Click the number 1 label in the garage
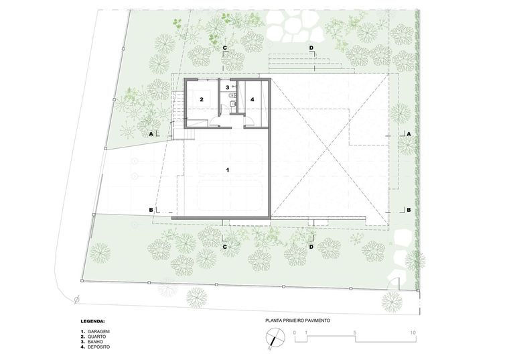[228, 170]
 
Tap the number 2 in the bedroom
[202, 99]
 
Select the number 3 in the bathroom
[227, 87]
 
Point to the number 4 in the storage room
[252, 99]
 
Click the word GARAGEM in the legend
[98, 332]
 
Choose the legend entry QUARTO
[96, 337]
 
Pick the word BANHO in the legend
[95, 342]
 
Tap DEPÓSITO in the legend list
[98, 347]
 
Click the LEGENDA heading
[92, 321]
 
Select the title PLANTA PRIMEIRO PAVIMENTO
[297, 320]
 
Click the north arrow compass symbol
[274, 337]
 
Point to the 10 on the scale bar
[413, 333]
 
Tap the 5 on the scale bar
[355, 333]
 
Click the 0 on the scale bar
[295, 333]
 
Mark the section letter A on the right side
[409, 134]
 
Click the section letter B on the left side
[151, 211]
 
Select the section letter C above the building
[224, 48]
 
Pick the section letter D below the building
[311, 247]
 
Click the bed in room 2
[201, 99]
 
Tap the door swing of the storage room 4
[249, 120]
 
